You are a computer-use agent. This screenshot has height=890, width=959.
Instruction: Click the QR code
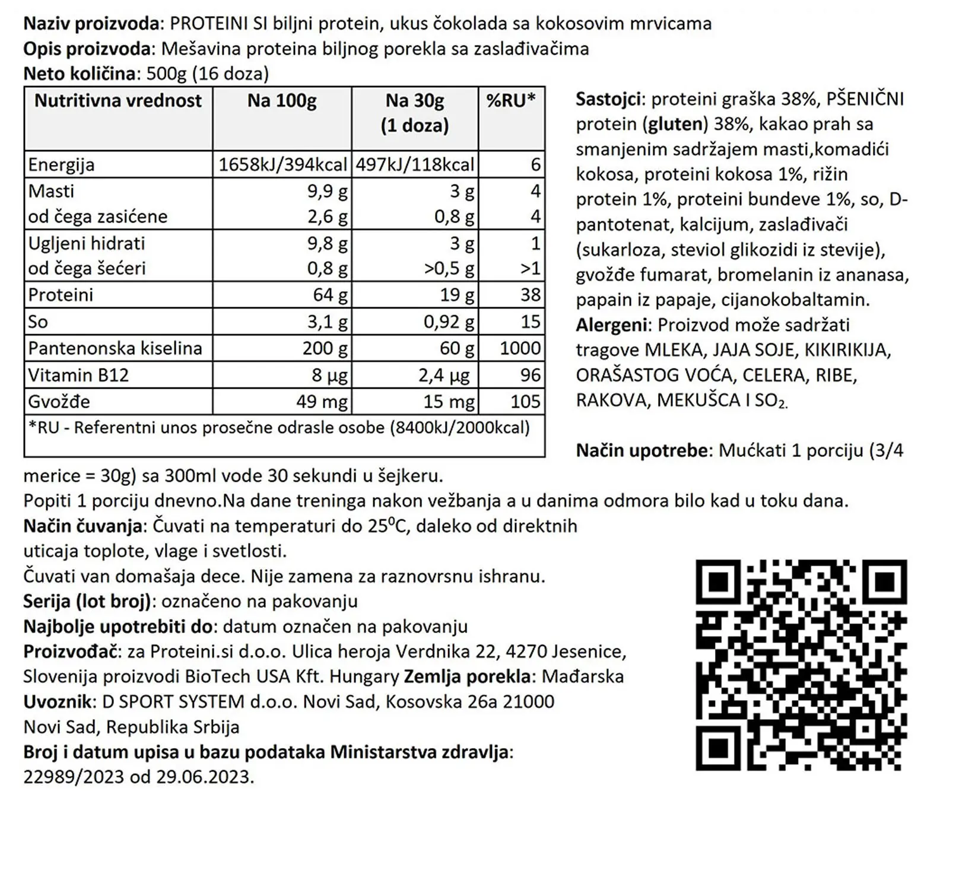[x=801, y=665]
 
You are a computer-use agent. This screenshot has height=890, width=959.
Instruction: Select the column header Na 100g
[x=282, y=101]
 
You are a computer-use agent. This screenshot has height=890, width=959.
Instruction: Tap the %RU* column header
[x=511, y=101]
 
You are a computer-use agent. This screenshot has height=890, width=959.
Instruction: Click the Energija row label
[x=61, y=164]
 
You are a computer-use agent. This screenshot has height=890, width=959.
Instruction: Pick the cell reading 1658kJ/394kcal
[x=282, y=164]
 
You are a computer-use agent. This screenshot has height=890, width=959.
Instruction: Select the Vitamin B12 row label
[x=78, y=375]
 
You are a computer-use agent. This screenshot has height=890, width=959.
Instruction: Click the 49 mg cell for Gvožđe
[x=322, y=402]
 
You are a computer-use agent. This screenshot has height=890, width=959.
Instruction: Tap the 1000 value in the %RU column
[x=520, y=348]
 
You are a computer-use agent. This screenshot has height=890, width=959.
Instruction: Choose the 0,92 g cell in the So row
[x=449, y=322]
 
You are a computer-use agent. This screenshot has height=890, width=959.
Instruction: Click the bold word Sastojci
[x=608, y=99]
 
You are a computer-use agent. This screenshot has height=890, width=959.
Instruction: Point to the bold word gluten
[x=675, y=124]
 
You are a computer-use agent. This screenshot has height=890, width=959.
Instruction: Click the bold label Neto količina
[x=80, y=74]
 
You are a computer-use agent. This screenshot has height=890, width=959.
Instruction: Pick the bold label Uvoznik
[x=58, y=701]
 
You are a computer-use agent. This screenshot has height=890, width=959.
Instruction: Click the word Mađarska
[x=583, y=676]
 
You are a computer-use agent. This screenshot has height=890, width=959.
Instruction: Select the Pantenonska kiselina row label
[x=115, y=348]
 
